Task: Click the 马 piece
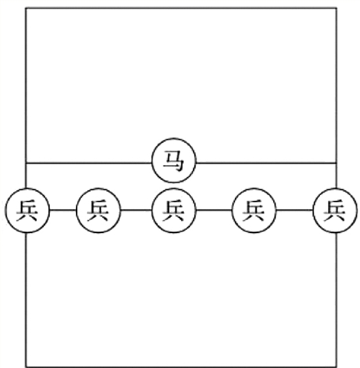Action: (x=173, y=160)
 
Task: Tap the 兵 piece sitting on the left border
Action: (x=27, y=210)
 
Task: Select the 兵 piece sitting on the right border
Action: (x=335, y=210)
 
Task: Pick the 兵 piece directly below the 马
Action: (x=173, y=210)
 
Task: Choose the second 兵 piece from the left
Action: (x=98, y=210)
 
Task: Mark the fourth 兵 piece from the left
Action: (x=254, y=210)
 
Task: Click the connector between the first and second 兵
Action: (x=63, y=210)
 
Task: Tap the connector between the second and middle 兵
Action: (x=136, y=210)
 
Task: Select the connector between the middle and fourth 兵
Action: (x=214, y=210)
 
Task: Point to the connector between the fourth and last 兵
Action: (x=295, y=210)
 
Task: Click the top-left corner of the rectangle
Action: (x=26, y=9)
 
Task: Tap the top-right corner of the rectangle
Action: (x=336, y=9)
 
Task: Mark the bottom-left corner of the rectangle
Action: (x=26, y=366)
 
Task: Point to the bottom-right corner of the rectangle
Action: (x=336, y=366)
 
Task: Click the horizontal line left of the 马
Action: (x=88, y=162)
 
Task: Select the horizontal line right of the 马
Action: (x=266, y=162)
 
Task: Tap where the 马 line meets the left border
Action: (x=26, y=162)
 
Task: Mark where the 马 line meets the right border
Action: (x=336, y=162)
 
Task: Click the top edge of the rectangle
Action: (x=181, y=9)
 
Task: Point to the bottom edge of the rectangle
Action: (x=181, y=366)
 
